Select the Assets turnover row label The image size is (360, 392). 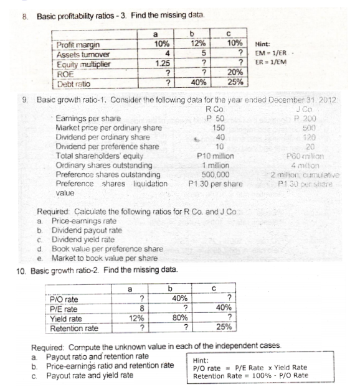tap(78, 54)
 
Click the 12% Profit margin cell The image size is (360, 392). tap(198, 44)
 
